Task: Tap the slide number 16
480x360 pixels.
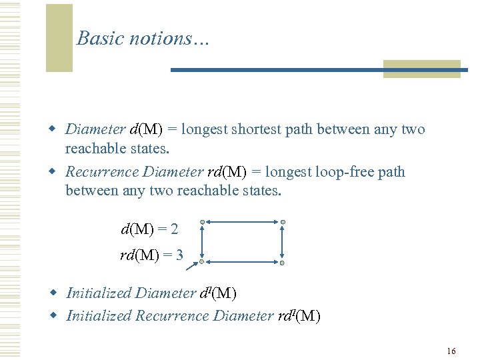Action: (x=451, y=351)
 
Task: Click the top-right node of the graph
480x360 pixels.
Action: (x=283, y=222)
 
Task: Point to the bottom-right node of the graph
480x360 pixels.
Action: (x=282, y=263)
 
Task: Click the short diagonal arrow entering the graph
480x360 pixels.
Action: (x=193, y=267)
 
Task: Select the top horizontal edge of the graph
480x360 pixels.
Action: (x=243, y=222)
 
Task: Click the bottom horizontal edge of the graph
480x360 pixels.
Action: (x=243, y=263)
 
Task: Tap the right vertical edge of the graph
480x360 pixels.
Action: (x=283, y=243)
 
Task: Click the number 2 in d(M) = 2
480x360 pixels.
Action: (x=174, y=229)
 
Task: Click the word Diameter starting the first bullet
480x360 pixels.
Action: (x=95, y=129)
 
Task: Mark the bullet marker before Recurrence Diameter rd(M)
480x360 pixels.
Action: (x=57, y=172)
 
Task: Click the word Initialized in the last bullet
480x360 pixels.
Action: (x=98, y=315)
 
